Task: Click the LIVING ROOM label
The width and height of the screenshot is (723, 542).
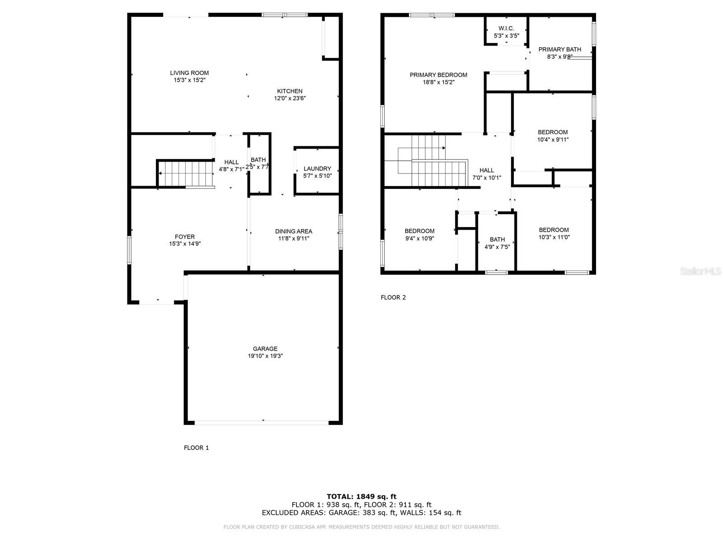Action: (x=189, y=73)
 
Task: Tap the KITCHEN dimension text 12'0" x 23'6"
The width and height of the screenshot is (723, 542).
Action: (x=290, y=98)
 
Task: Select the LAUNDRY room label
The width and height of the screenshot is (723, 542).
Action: (x=317, y=168)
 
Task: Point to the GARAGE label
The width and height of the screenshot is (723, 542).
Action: (x=265, y=349)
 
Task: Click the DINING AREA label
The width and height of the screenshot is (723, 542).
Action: (x=293, y=231)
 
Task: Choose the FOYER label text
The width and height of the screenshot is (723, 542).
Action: (x=184, y=237)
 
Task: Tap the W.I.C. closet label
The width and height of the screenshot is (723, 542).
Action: (x=506, y=28)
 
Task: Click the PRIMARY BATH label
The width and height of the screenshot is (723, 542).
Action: (x=559, y=49)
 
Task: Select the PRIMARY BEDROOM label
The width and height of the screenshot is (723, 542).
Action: (x=438, y=75)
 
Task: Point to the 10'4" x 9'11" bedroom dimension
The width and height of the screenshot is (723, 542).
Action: (x=552, y=140)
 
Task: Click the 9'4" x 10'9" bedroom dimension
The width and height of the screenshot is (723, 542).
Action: (x=419, y=238)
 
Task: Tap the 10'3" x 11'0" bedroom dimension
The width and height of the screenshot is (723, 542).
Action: (x=554, y=237)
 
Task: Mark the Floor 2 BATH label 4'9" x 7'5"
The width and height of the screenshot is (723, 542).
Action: (x=497, y=243)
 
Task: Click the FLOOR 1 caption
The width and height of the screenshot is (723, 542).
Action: (x=196, y=448)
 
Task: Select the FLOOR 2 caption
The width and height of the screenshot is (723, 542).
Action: (x=393, y=298)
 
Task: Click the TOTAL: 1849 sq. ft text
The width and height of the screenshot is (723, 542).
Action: (x=361, y=496)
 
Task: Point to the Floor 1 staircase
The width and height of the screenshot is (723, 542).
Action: (x=185, y=173)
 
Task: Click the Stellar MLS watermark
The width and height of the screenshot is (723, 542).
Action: (x=700, y=271)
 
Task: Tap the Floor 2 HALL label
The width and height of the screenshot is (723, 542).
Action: (x=486, y=170)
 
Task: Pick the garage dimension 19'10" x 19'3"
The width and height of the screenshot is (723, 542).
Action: (x=265, y=356)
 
